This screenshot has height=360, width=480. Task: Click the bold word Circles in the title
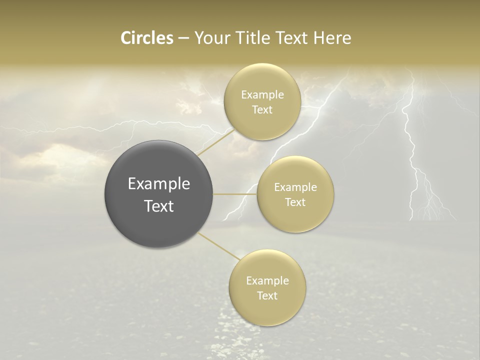coord(146,38)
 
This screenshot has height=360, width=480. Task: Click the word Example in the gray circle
coord(159,184)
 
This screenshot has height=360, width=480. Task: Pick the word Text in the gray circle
coord(159,206)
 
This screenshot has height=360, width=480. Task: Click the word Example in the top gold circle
coord(262,95)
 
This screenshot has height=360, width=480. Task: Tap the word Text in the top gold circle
coord(262,110)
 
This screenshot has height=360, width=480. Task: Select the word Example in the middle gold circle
coord(295,187)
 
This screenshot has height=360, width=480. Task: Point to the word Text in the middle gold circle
coord(295,202)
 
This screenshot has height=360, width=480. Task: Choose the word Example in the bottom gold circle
coord(267,281)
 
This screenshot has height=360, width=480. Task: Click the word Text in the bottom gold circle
coord(267,296)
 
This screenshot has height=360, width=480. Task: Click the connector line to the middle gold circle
coord(235,194)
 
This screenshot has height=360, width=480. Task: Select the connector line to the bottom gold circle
coord(218,246)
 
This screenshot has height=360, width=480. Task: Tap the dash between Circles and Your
coord(183,38)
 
